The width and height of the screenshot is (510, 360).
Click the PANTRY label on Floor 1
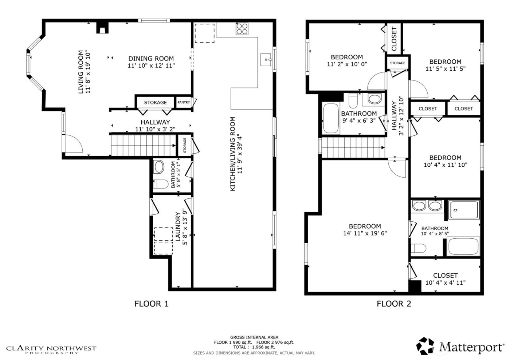[x=184, y=102]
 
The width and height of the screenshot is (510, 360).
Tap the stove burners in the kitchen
[x=242, y=29]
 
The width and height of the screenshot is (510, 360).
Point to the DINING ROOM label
[x=151, y=59]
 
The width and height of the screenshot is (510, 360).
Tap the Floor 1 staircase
[x=143, y=145]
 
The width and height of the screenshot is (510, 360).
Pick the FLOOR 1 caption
[x=152, y=304]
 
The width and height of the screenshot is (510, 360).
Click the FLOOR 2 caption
[x=394, y=304]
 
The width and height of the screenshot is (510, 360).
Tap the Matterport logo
[x=460, y=346]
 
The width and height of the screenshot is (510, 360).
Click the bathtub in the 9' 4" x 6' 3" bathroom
[x=331, y=119]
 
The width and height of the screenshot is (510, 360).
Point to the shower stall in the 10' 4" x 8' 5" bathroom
[x=463, y=210]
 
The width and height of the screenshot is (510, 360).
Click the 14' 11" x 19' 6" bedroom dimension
[x=365, y=233]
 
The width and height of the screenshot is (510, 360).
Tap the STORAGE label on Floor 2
[x=397, y=63]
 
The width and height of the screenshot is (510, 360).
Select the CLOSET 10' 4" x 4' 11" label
[x=445, y=279]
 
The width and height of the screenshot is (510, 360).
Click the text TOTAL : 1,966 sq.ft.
[x=254, y=347]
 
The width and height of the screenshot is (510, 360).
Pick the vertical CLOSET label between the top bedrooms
[x=394, y=39]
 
